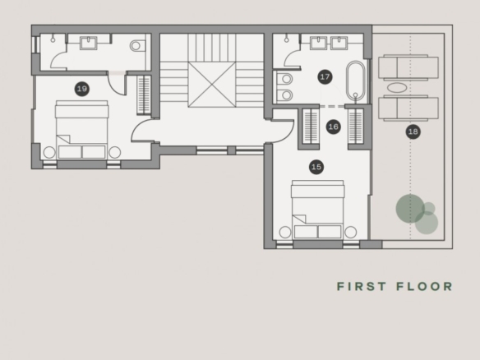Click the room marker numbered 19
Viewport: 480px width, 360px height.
pyautogui.click(x=81, y=89)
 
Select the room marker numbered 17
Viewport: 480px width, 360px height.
pyautogui.click(x=325, y=76)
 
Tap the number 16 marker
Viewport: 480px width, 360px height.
pyautogui.click(x=334, y=127)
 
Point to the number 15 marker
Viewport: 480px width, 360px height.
pyautogui.click(x=316, y=167)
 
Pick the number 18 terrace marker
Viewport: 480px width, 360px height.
pyautogui.click(x=413, y=132)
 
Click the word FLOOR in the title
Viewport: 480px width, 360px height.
pyautogui.click(x=424, y=287)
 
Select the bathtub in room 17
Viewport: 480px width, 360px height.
pyautogui.click(x=355, y=81)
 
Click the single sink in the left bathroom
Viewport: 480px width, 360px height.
pyautogui.click(x=89, y=43)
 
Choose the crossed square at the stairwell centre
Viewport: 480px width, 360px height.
pyautogui.click(x=212, y=85)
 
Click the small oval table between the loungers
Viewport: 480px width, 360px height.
pyautogui.click(x=397, y=88)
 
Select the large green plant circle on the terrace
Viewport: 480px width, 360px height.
pyautogui.click(x=410, y=208)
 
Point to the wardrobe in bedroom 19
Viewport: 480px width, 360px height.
pyautogui.click(x=144, y=95)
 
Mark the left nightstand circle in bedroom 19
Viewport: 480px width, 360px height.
pyautogui.click(x=49, y=152)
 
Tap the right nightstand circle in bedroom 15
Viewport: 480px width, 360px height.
pyautogui.click(x=350, y=232)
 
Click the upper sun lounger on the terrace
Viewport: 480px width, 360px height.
pyautogui.click(x=408, y=67)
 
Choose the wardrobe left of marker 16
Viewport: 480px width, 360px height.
pyautogui.click(x=311, y=126)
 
